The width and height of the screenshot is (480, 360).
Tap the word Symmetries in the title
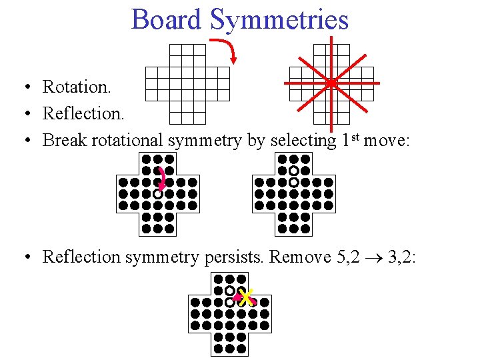coord(279,19)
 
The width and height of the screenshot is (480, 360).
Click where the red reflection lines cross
coord(331,83)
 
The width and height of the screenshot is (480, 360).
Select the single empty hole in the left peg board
coord(157,194)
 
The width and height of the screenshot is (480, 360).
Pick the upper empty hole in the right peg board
coord(293,171)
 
